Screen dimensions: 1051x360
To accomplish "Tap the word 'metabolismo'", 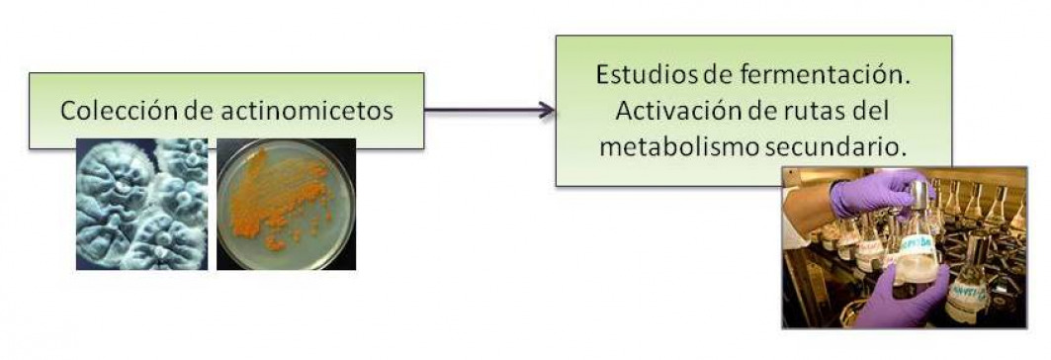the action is tap(680, 145).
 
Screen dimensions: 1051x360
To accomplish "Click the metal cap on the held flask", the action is tap(919, 193).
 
